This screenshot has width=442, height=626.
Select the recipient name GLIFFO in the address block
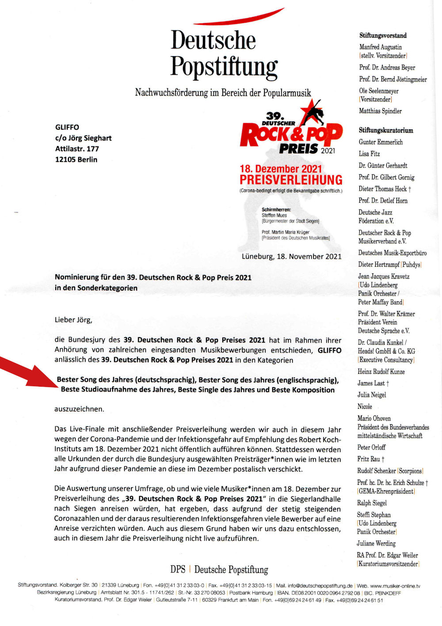tap(67, 127)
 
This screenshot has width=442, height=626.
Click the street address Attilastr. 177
tap(77, 149)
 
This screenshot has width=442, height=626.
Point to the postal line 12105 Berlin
tap(76, 159)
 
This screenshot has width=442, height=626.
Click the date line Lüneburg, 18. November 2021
tap(291, 257)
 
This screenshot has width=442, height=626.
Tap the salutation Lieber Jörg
tap(73, 320)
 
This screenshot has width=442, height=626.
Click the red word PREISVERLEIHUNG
tap(291, 180)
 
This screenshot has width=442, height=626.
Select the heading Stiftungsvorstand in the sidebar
tap(383, 35)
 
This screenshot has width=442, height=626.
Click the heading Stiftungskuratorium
tap(386, 131)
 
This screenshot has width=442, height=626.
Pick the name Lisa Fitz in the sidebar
tap(369, 154)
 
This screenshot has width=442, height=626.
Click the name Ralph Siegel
tap(372, 503)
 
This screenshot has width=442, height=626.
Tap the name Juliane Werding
tap(376, 544)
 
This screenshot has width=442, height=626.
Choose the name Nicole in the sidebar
tap(365, 407)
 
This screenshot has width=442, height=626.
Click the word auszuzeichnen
tap(80, 409)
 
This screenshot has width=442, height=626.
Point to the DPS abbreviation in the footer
tap(178, 569)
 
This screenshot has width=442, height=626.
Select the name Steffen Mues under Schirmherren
tap(274, 215)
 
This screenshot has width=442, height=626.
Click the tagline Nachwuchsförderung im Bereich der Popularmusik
tap(223, 93)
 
